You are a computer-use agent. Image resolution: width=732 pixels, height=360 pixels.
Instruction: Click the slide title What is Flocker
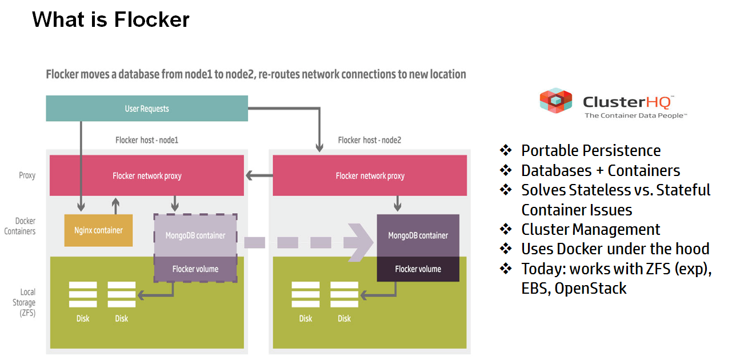point(111,19)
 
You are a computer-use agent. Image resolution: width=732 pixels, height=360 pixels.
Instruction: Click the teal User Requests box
point(147,109)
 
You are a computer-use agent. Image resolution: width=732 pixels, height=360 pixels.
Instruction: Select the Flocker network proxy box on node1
point(147,175)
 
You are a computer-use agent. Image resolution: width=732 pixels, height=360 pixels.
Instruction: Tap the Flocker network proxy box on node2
point(370,175)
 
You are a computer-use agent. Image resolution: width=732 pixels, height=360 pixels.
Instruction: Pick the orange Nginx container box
point(98,230)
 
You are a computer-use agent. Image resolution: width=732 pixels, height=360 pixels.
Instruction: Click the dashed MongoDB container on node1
point(195,235)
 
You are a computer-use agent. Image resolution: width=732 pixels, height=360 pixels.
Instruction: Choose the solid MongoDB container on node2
point(418,235)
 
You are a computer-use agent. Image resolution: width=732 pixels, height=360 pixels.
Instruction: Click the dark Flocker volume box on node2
point(418,269)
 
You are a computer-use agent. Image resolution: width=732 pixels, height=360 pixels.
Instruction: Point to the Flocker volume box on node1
point(195,269)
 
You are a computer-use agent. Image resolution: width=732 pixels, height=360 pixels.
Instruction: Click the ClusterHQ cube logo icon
point(556,101)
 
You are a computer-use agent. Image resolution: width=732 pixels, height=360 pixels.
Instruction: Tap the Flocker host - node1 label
point(147,140)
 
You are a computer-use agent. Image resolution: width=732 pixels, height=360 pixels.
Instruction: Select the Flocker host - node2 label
point(370,140)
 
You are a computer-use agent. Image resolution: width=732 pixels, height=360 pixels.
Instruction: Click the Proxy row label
point(27,176)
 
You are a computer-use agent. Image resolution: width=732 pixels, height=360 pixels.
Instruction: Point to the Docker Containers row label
point(20,226)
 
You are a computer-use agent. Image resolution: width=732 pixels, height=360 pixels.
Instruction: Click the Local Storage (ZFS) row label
point(24,302)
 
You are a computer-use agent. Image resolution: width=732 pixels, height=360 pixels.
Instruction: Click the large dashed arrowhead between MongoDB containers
point(358,243)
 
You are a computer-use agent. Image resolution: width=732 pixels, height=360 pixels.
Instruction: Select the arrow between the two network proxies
point(259,176)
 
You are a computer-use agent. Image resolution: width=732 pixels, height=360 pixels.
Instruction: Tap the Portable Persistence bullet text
point(591,151)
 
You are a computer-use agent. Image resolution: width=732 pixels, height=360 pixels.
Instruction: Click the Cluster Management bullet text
point(590,229)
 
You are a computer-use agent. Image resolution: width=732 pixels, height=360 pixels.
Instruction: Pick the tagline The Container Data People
point(635,115)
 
